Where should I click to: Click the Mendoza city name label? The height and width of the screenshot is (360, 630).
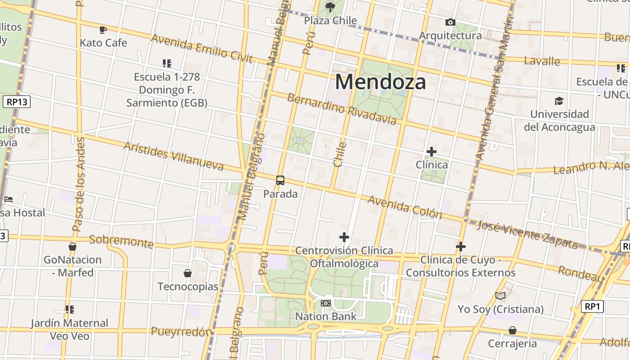380,82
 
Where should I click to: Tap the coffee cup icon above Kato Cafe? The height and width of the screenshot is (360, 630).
103,30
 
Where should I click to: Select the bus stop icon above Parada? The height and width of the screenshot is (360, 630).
280,180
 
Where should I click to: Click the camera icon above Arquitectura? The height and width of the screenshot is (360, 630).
450,22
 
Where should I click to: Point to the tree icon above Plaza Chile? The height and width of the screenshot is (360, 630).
330,7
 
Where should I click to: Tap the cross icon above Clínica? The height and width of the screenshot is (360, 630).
432,152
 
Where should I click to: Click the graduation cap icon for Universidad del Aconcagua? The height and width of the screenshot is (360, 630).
559,101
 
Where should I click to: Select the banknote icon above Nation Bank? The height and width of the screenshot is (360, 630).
326,303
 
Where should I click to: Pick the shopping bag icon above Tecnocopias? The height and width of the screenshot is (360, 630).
188,273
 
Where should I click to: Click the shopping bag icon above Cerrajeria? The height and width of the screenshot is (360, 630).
512,331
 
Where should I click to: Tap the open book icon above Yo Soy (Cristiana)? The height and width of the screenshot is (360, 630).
500,296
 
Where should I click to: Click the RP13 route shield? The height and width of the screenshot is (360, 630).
17,102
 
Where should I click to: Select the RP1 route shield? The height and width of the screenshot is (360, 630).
592,307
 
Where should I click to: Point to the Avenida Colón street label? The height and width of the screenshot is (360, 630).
405,207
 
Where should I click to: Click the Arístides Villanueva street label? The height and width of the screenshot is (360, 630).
173,156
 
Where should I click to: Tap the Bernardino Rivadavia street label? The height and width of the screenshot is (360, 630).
342,108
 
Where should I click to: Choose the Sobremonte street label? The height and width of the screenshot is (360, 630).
121,241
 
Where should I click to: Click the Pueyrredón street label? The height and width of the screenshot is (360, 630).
181,332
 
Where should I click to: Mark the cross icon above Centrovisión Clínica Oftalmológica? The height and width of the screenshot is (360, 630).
344,237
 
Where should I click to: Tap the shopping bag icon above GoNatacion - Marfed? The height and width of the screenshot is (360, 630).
72,247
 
